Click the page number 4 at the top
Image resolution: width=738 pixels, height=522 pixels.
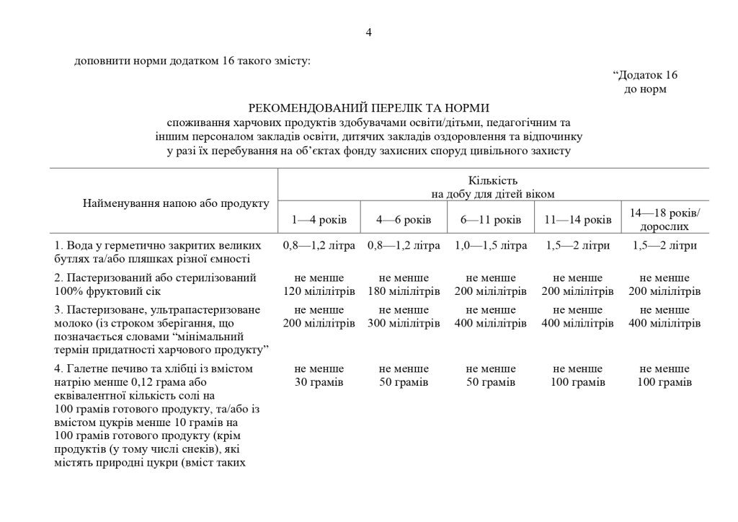[368, 32]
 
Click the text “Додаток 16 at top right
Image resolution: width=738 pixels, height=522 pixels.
[645, 75]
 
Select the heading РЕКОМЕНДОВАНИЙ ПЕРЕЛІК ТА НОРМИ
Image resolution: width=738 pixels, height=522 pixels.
[368, 107]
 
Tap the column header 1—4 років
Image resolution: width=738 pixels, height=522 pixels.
[319, 218]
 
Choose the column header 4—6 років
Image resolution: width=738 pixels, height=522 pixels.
[404, 218]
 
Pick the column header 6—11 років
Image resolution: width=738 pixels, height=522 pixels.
[490, 218]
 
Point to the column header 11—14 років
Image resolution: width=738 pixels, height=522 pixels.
[577, 218]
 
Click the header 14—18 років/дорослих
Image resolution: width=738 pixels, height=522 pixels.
[664, 218]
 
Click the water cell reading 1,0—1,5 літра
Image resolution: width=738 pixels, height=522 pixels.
[490, 245]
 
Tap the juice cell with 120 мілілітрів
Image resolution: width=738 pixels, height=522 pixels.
[319, 285]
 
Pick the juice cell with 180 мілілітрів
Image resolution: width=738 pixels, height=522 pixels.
[404, 285]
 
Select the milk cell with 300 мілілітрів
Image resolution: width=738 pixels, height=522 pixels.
[404, 317]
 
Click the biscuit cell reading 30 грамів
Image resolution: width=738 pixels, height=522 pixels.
[319, 375]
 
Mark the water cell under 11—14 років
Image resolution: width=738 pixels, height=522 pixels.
[577, 245]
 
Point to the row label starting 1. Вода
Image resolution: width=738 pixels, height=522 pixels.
[152, 252]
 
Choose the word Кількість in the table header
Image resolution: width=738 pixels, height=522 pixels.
[492, 180]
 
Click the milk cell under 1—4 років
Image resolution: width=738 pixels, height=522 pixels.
[319, 317]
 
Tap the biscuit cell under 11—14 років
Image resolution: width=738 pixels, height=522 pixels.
[577, 375]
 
